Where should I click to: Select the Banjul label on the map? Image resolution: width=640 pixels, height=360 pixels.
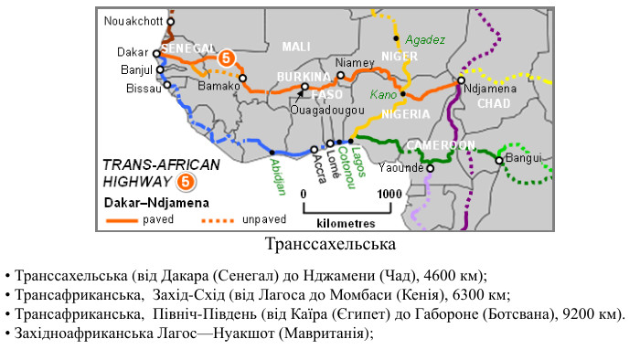(x=134, y=69)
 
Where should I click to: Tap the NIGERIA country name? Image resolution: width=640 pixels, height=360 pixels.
(x=405, y=114)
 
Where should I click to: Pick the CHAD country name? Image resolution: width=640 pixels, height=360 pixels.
(x=495, y=103)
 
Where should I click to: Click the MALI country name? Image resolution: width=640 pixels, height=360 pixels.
(x=296, y=47)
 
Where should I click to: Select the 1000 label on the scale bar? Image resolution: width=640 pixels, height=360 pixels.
(x=389, y=194)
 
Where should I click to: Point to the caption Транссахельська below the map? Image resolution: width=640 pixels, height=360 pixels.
(x=329, y=245)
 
